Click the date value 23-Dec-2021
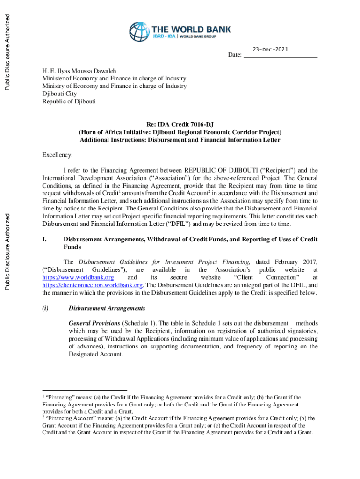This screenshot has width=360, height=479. [270, 49]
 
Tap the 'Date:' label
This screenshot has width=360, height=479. [235, 56]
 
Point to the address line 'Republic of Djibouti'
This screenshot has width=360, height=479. [69, 101]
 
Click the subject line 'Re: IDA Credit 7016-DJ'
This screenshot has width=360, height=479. [180, 125]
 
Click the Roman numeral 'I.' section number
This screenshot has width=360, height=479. [45, 239]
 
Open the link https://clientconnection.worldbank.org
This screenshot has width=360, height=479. [92, 285]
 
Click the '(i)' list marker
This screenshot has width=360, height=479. [46, 308]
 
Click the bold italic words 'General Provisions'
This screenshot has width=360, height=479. [94, 323]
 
